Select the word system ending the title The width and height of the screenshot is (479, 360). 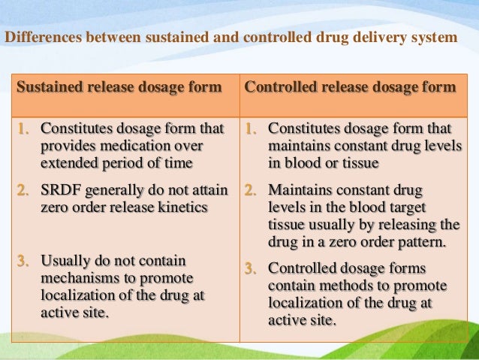pyautogui.click(x=430, y=38)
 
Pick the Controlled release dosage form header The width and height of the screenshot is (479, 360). pyautogui.click(x=351, y=87)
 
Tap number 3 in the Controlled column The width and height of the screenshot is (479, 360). pyautogui.click(x=252, y=268)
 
